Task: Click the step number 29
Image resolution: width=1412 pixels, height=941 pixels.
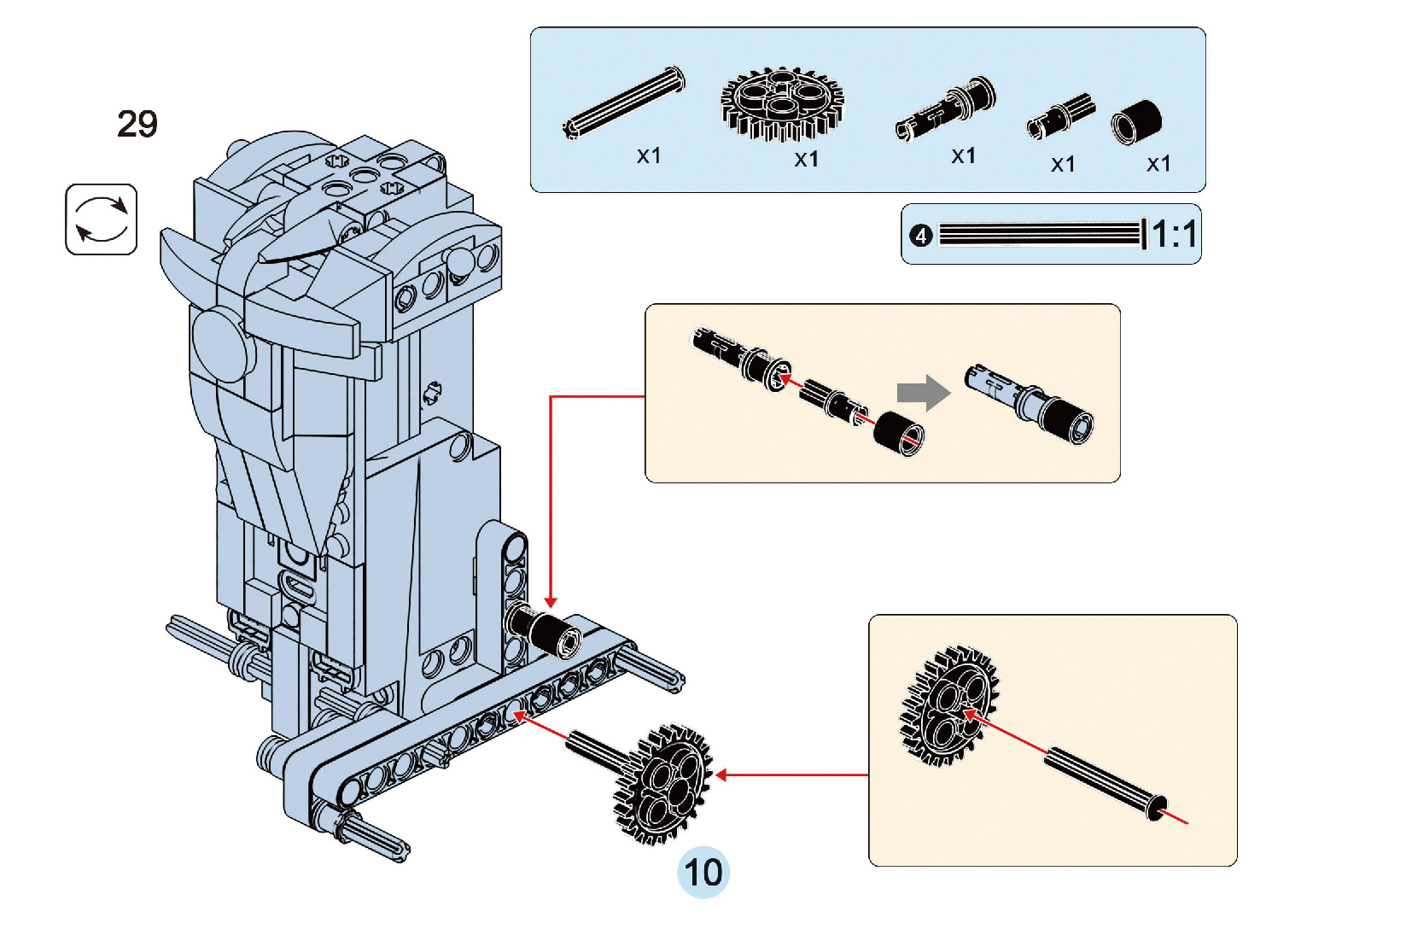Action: (x=137, y=125)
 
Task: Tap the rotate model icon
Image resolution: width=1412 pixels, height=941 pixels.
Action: (x=101, y=219)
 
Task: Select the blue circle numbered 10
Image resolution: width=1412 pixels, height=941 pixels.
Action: (x=703, y=872)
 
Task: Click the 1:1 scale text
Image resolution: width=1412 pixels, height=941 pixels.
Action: (x=1174, y=233)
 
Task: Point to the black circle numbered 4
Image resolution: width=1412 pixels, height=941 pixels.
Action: (x=920, y=235)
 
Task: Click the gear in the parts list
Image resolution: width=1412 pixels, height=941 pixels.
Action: (x=782, y=103)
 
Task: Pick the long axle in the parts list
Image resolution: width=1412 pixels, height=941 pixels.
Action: (x=624, y=103)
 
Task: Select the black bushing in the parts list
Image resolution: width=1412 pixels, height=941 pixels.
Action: (x=1137, y=122)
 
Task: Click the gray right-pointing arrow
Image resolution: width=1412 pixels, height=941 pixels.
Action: (x=923, y=393)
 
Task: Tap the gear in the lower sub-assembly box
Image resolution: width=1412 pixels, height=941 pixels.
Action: (x=949, y=706)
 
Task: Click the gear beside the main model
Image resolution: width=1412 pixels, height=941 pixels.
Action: (x=662, y=784)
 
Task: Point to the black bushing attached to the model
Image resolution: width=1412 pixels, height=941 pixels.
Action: (x=546, y=631)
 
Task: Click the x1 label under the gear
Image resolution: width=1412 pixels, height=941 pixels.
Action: (x=806, y=160)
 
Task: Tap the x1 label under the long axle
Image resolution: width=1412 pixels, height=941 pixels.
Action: (x=649, y=156)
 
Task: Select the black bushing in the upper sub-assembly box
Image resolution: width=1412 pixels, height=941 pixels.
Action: (x=898, y=433)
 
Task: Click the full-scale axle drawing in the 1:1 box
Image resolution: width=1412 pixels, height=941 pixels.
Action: (x=1040, y=234)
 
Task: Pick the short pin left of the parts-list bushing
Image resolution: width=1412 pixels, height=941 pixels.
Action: (x=1059, y=117)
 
